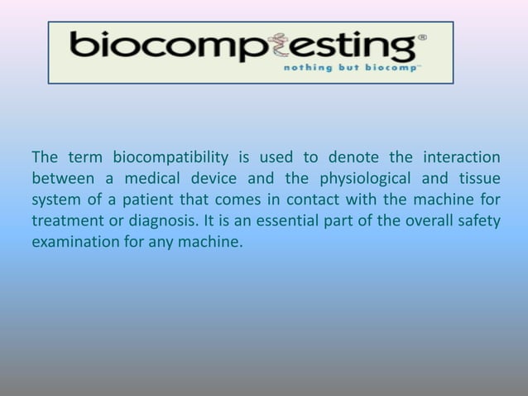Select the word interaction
pyautogui.click(x=461, y=157)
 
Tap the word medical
pyautogui.click(x=156, y=179)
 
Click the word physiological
pyautogui.click(x=367, y=179)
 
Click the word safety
pyautogui.click(x=478, y=222)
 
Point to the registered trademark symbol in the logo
pyautogui.click(x=423, y=38)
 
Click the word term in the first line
pyautogui.click(x=84, y=157)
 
